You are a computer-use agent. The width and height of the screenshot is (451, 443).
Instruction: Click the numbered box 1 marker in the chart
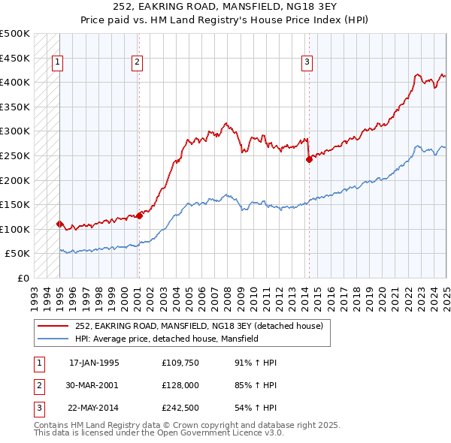coord(58,63)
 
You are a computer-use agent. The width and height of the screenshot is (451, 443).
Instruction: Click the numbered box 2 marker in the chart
coord(138,63)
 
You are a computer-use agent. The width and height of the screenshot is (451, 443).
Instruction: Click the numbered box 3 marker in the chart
coord(307,63)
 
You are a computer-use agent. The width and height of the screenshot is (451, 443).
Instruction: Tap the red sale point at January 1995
coord(59,224)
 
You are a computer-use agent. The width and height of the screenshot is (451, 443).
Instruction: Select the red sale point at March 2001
coord(139,215)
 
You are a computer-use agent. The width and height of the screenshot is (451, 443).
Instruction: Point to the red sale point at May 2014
coord(309,158)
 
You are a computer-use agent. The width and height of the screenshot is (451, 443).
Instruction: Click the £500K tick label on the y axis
coord(15,34)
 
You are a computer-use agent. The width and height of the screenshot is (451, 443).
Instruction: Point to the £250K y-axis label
coord(15,155)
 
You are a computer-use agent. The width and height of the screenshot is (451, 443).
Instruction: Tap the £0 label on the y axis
coord(23,278)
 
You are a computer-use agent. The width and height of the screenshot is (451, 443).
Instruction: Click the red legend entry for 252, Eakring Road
coord(198,326)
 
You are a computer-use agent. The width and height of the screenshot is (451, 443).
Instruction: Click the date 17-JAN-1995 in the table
coord(94,363)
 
